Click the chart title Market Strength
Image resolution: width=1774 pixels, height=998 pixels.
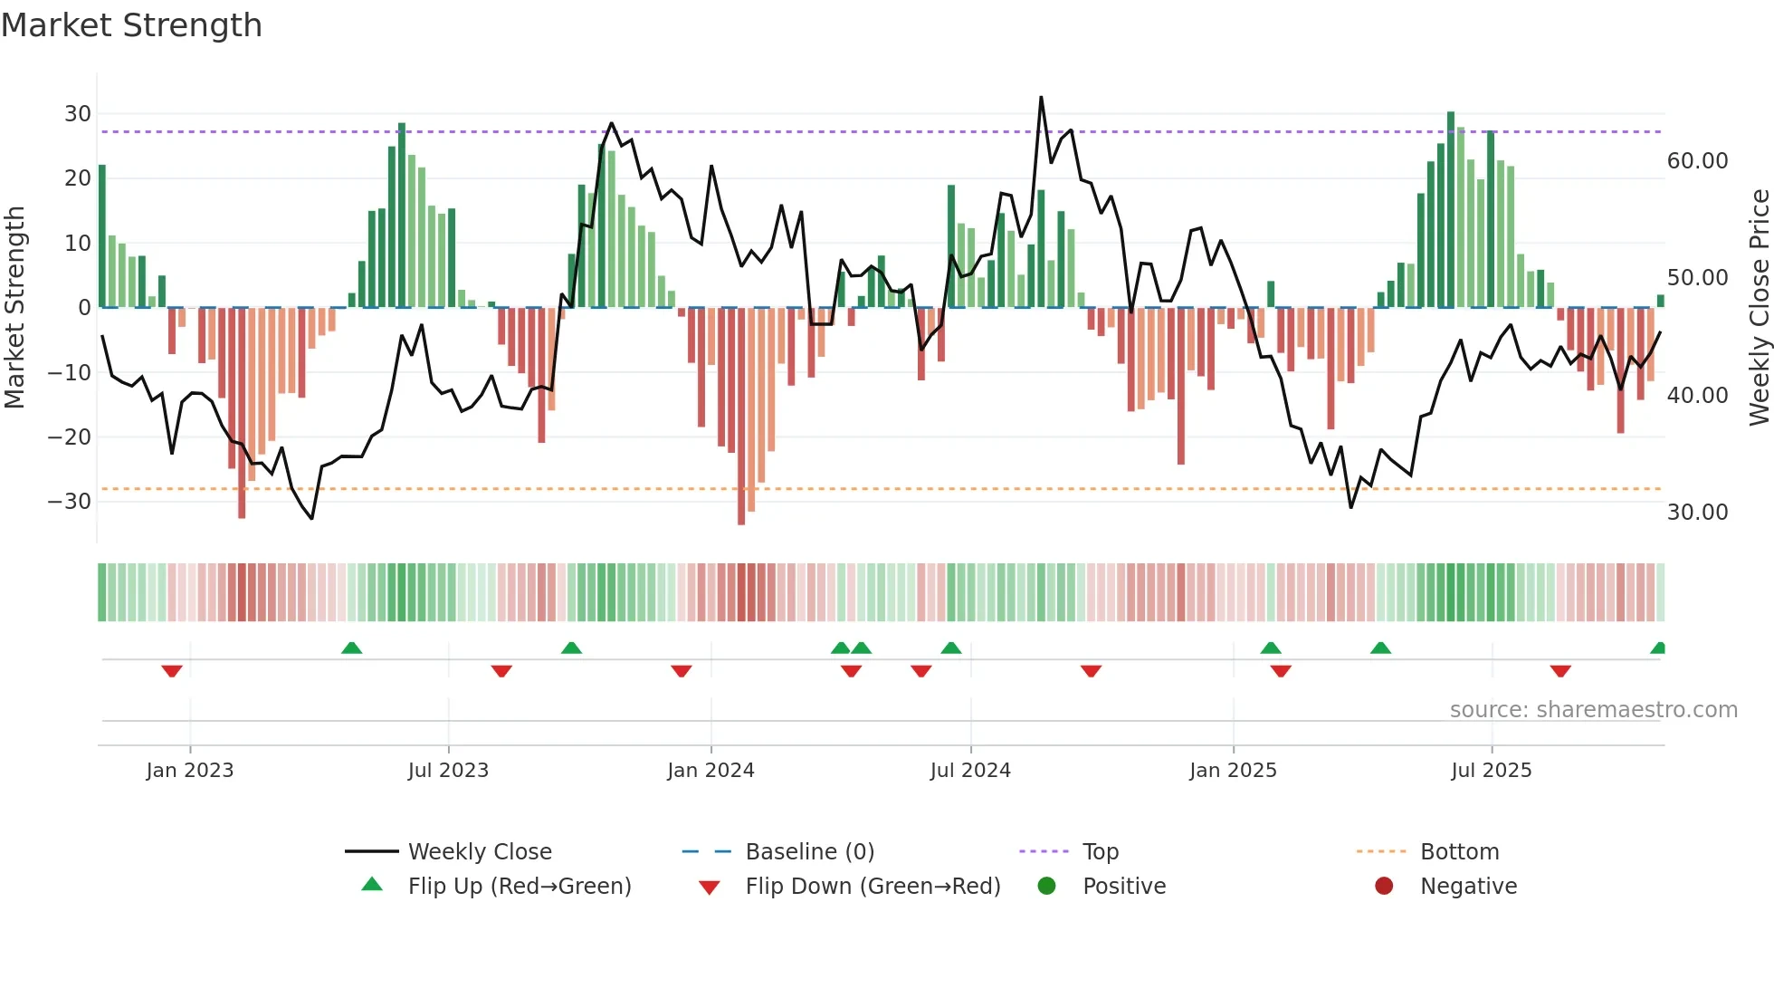tap(131, 25)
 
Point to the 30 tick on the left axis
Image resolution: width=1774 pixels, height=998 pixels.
tap(78, 114)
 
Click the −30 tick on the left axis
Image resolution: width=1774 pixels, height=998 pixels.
tap(71, 502)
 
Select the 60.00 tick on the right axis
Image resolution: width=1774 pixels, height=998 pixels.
tap(1697, 161)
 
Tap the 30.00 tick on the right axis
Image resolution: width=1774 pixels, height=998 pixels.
tap(1697, 513)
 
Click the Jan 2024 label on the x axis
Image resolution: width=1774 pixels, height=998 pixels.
tap(711, 771)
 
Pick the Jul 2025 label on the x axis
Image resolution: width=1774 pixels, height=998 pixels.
tap(1491, 771)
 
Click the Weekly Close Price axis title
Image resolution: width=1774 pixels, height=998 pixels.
tap(1759, 307)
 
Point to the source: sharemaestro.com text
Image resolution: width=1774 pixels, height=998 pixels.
tap(1593, 710)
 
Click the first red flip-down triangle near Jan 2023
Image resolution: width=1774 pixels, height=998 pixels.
tap(172, 671)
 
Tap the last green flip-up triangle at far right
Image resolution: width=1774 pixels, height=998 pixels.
tap(1658, 648)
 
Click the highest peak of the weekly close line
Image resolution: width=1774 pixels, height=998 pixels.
tap(1041, 98)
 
